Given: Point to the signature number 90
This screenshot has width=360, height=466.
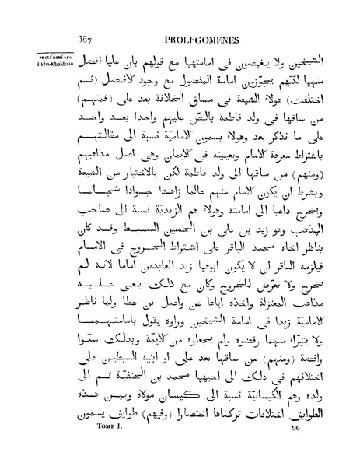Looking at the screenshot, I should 295,450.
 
